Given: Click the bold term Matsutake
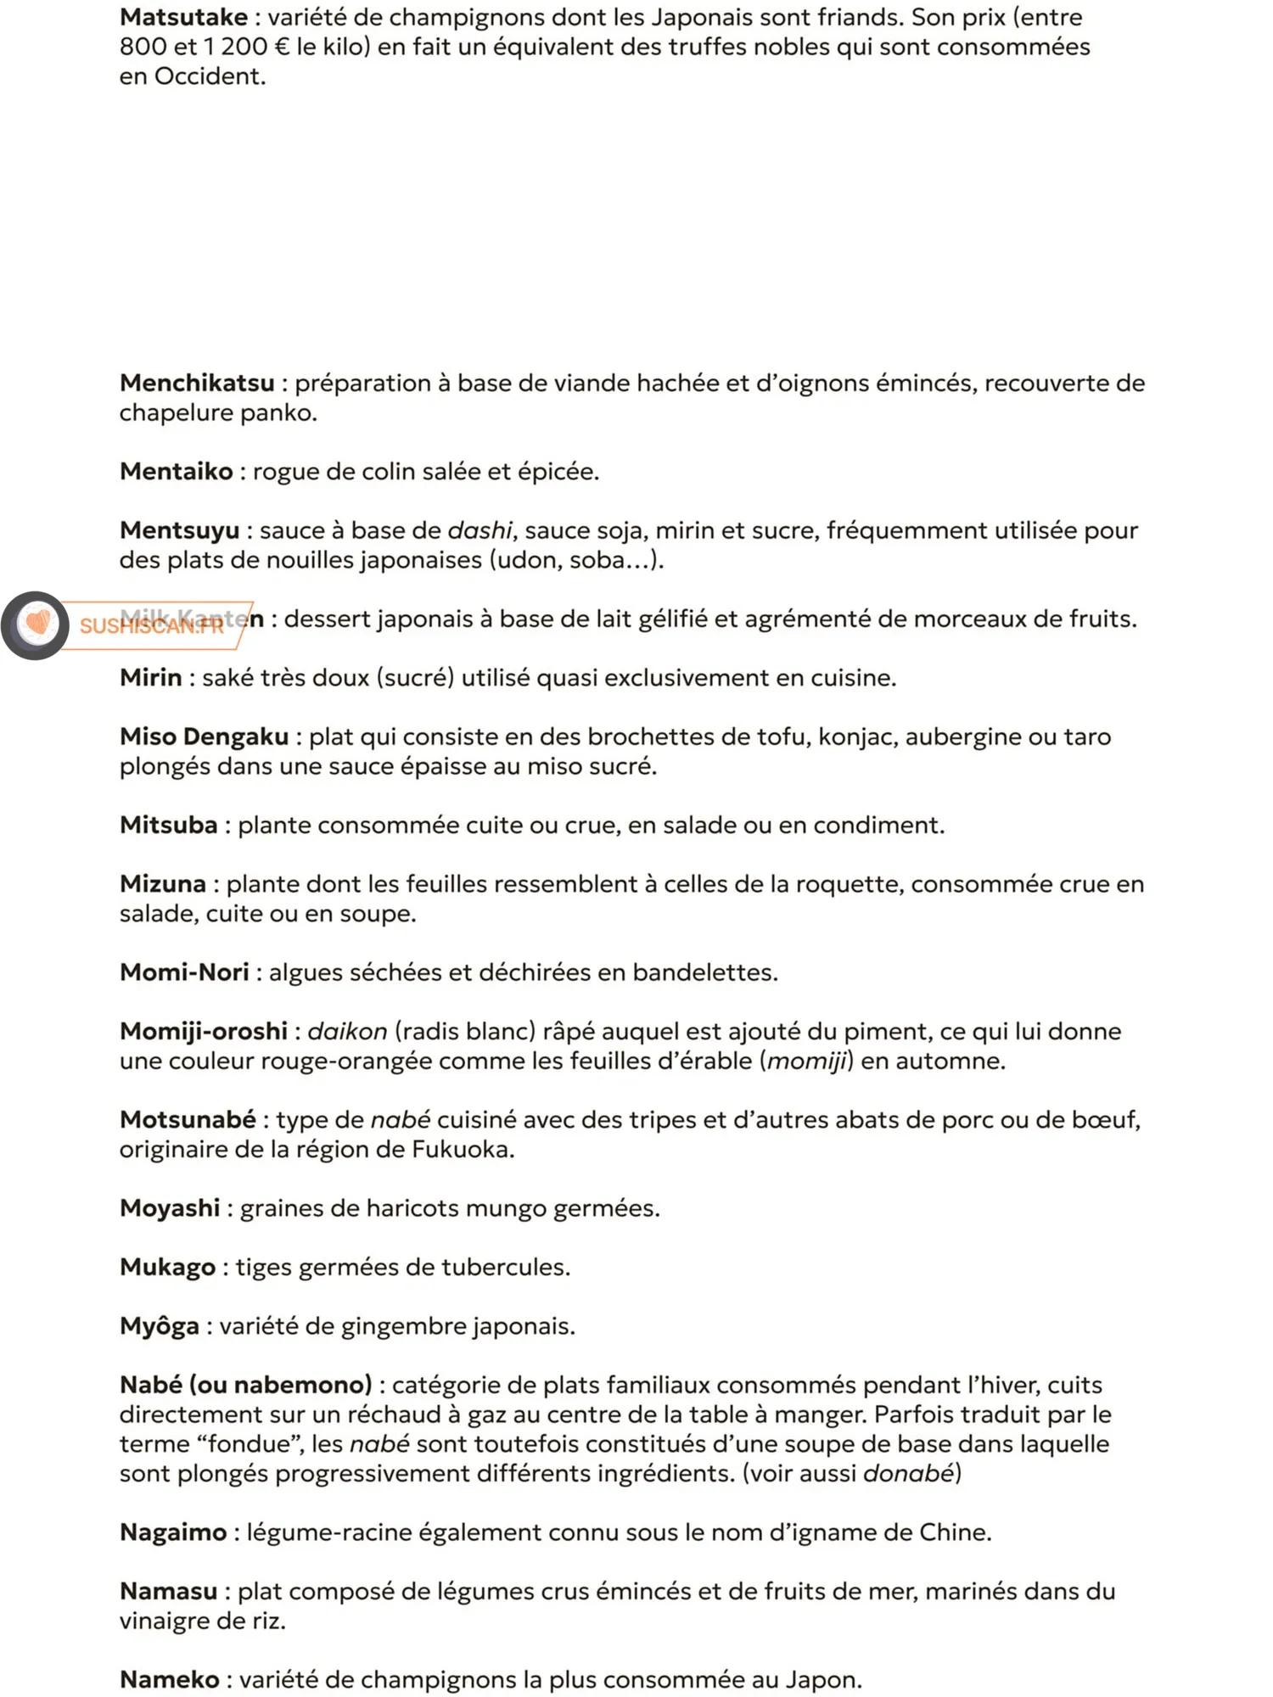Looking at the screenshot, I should (x=183, y=18).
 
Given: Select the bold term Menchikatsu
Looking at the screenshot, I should (x=197, y=384).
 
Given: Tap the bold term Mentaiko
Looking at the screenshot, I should (x=176, y=472).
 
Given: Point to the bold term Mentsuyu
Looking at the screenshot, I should (x=179, y=531).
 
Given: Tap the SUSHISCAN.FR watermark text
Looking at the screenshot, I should (x=151, y=626).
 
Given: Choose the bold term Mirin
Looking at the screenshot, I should (x=150, y=678).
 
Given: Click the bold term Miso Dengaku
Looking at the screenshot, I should (x=204, y=736).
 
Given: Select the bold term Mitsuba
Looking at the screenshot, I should (x=168, y=826).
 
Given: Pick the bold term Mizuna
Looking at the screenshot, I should (x=162, y=884).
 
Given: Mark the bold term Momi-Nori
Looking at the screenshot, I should (x=184, y=972).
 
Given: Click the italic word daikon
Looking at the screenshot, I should (x=347, y=1032).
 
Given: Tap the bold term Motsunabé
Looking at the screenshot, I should (x=188, y=1120).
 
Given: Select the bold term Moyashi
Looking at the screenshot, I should (x=170, y=1208).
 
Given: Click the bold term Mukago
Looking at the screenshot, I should (x=167, y=1268).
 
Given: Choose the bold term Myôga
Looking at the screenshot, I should (x=160, y=1326).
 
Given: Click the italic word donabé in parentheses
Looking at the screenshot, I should (x=908, y=1474).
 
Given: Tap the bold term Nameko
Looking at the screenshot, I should (x=170, y=1680).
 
